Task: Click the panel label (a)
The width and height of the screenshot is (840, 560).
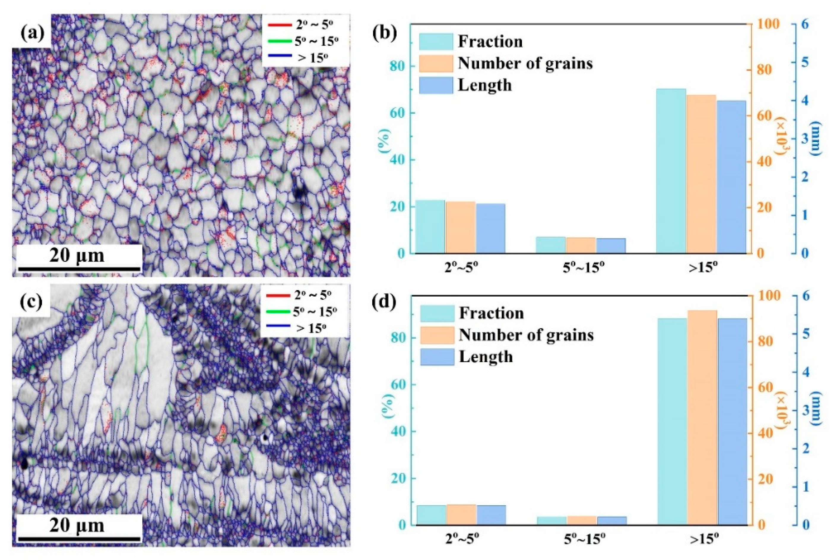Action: point(32,34)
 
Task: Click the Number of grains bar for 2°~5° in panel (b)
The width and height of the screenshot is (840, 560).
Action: point(461,227)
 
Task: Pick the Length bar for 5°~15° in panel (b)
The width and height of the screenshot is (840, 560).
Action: point(611,246)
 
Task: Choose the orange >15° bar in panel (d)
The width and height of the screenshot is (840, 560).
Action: point(702,418)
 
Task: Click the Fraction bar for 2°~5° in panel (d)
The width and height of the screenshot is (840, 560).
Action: point(431,515)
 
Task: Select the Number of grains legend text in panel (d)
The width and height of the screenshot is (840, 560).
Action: point(526,335)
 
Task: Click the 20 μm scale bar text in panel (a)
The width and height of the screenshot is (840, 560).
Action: point(77,255)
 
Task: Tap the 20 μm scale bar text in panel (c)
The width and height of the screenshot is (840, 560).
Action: point(77,525)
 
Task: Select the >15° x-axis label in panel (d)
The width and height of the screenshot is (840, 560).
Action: point(703,539)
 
